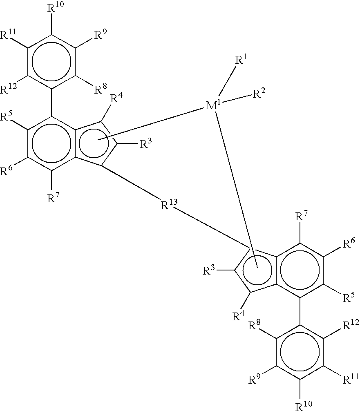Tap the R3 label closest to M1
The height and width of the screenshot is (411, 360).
(x=147, y=143)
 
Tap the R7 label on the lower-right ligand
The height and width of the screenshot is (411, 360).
(x=301, y=216)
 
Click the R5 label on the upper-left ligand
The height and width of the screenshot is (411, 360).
(x=7, y=118)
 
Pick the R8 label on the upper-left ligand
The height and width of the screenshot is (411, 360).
(x=101, y=89)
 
